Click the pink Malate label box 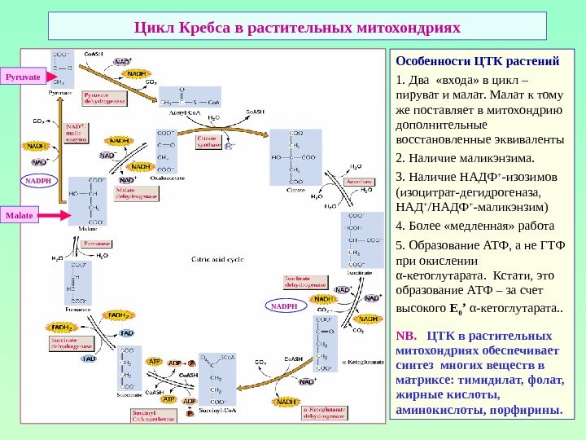point(20,215)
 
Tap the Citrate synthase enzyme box point(207,144)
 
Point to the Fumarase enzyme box point(96,243)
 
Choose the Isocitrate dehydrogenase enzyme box point(305,281)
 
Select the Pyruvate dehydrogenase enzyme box point(104,99)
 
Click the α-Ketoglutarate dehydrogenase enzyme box point(325,413)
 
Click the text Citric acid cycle point(216,260)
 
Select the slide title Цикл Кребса point(297,28)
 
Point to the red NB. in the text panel point(405,336)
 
